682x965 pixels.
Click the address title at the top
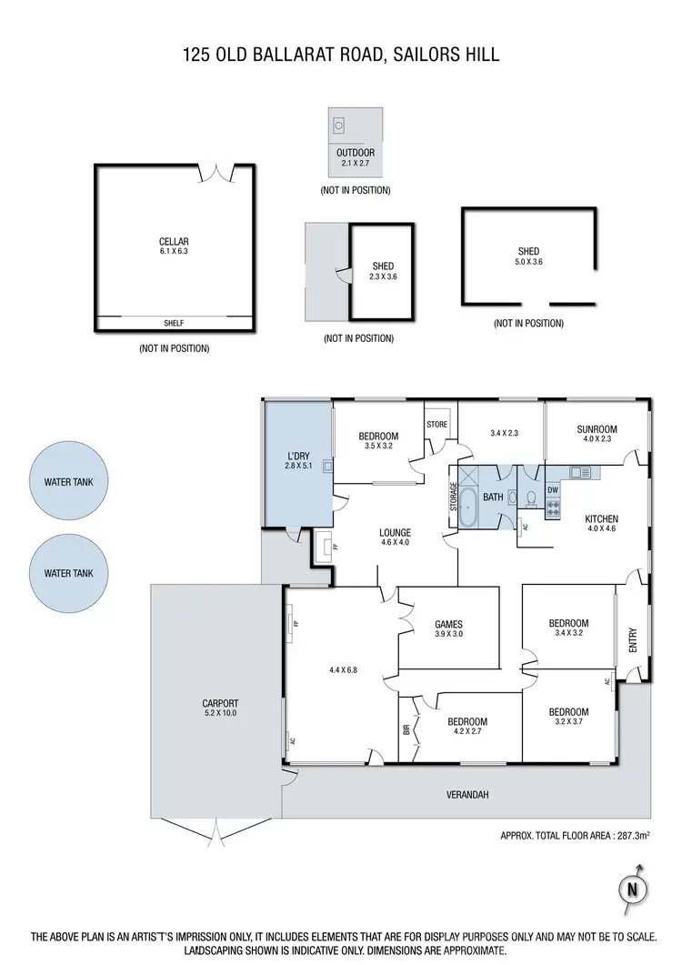point(341,56)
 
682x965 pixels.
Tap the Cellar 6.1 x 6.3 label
point(173,246)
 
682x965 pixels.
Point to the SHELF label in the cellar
point(173,323)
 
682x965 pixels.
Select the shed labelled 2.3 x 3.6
point(382,271)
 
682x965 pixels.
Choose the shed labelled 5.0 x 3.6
point(527,256)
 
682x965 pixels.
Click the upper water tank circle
point(68,482)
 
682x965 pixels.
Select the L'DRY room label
point(297,460)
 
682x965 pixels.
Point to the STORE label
point(437,424)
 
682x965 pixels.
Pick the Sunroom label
point(597,434)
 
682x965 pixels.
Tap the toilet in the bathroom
point(512,498)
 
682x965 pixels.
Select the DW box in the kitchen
point(552,490)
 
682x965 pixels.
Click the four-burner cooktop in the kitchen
point(552,509)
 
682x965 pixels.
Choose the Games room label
point(448,629)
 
